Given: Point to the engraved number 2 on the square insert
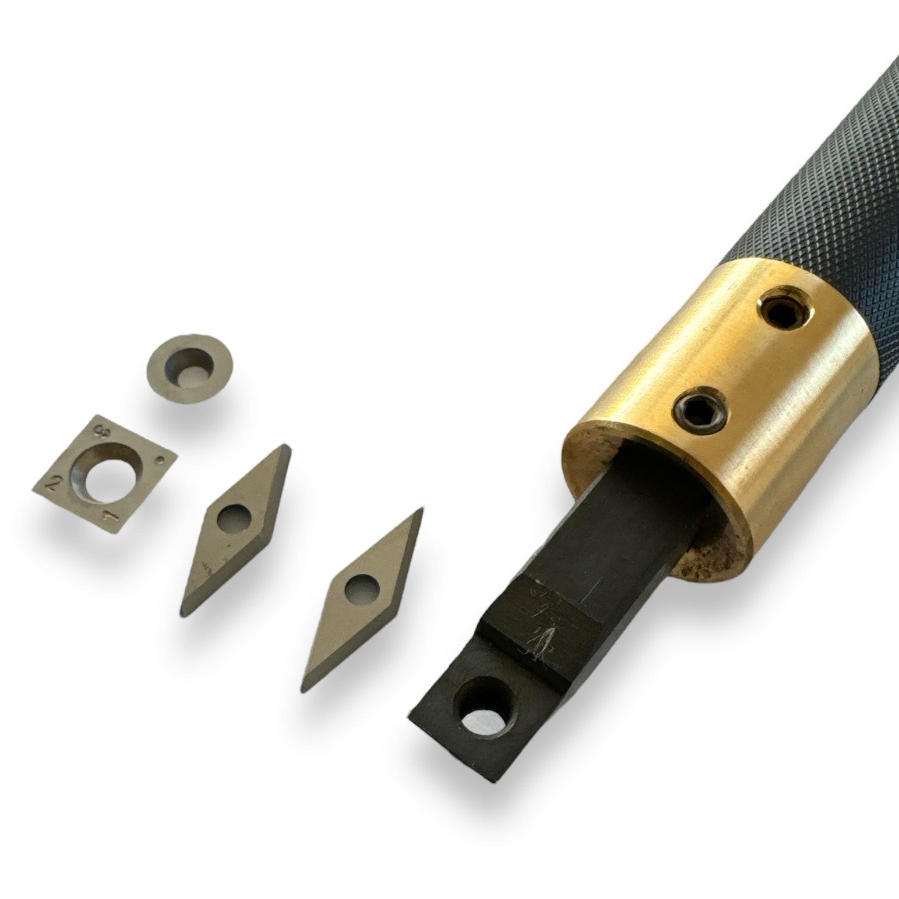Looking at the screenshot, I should pyautogui.click(x=54, y=482).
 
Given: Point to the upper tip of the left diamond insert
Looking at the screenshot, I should pyautogui.click(x=285, y=446).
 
